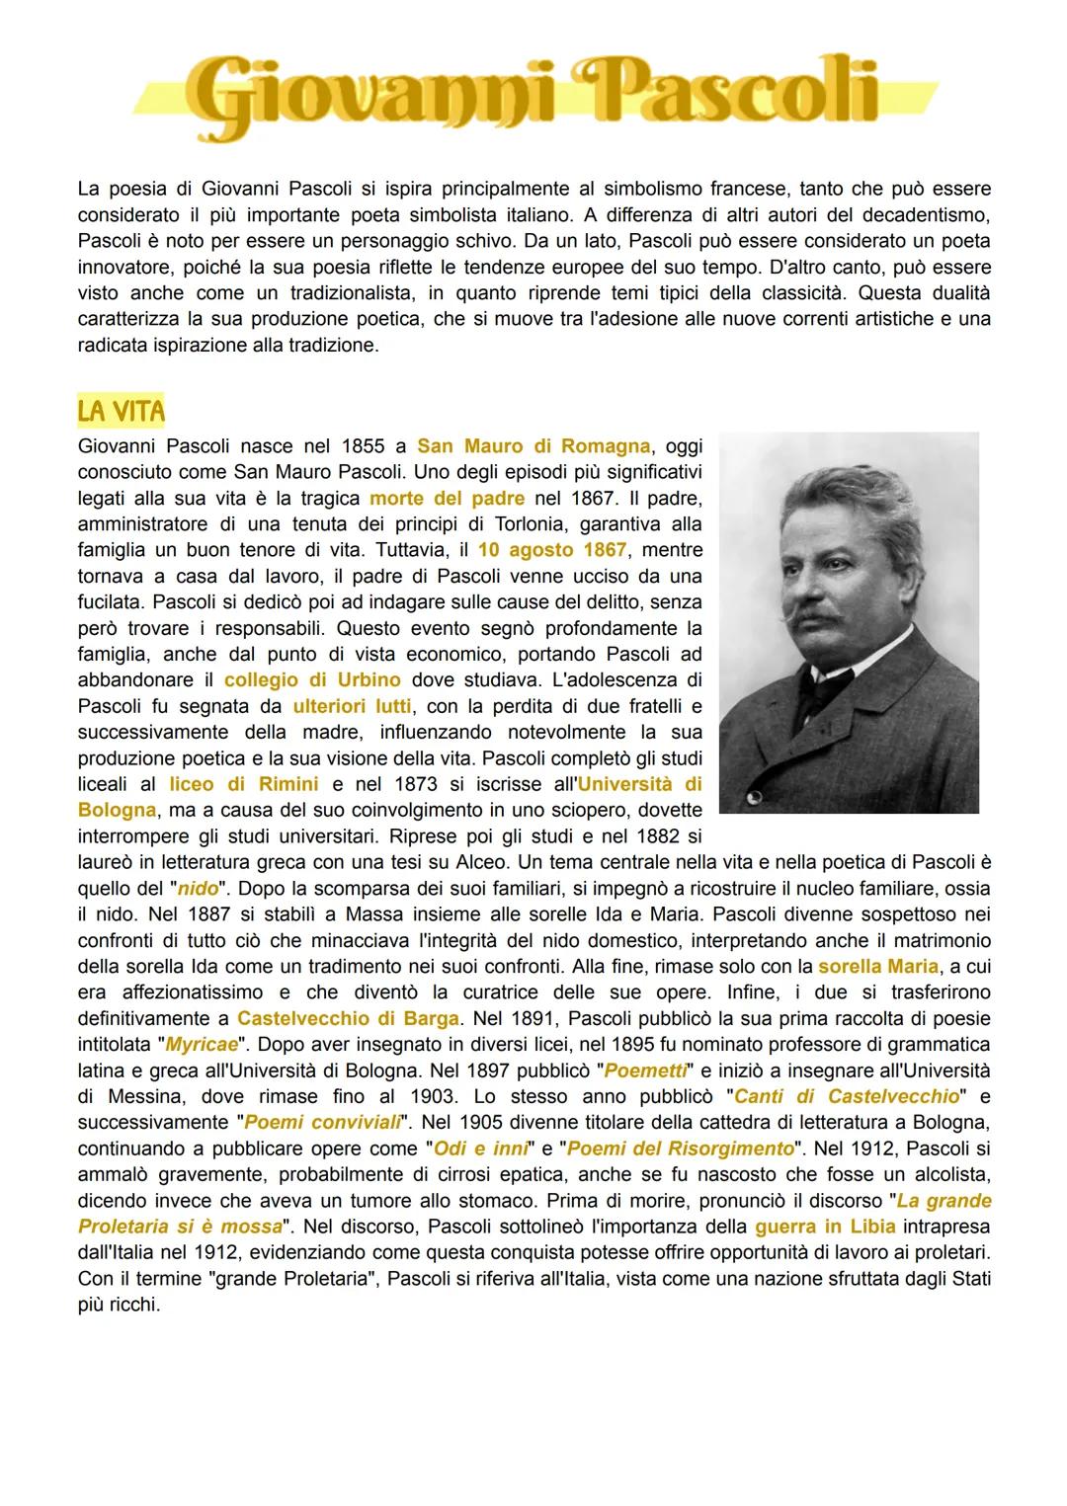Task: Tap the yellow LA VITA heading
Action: (121, 410)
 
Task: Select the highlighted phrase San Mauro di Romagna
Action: (533, 445)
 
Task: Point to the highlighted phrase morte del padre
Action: (447, 498)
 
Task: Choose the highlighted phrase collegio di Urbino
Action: (312, 679)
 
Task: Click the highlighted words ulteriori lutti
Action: (353, 706)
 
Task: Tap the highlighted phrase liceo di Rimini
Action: (243, 784)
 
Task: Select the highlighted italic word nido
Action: (198, 888)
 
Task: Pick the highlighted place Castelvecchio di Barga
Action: (349, 1018)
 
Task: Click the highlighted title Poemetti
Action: (643, 1070)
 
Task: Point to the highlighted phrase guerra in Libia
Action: (825, 1227)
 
